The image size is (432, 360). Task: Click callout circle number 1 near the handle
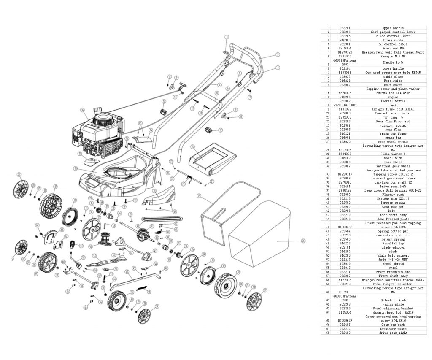coord(278,68)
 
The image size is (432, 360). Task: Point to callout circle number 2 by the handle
coord(278,54)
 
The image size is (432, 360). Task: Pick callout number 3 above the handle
coord(226,37)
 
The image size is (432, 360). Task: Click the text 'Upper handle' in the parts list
coord(392,28)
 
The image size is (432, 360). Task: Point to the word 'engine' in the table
coord(392,97)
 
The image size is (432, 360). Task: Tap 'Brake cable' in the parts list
coord(392,40)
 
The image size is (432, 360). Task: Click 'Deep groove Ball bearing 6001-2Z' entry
coord(392,190)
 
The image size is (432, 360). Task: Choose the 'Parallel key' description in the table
coord(392,243)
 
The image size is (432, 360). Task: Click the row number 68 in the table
coord(328,333)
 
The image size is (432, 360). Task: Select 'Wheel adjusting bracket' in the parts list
coord(392,308)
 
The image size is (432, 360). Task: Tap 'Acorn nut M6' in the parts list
coord(392,48)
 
